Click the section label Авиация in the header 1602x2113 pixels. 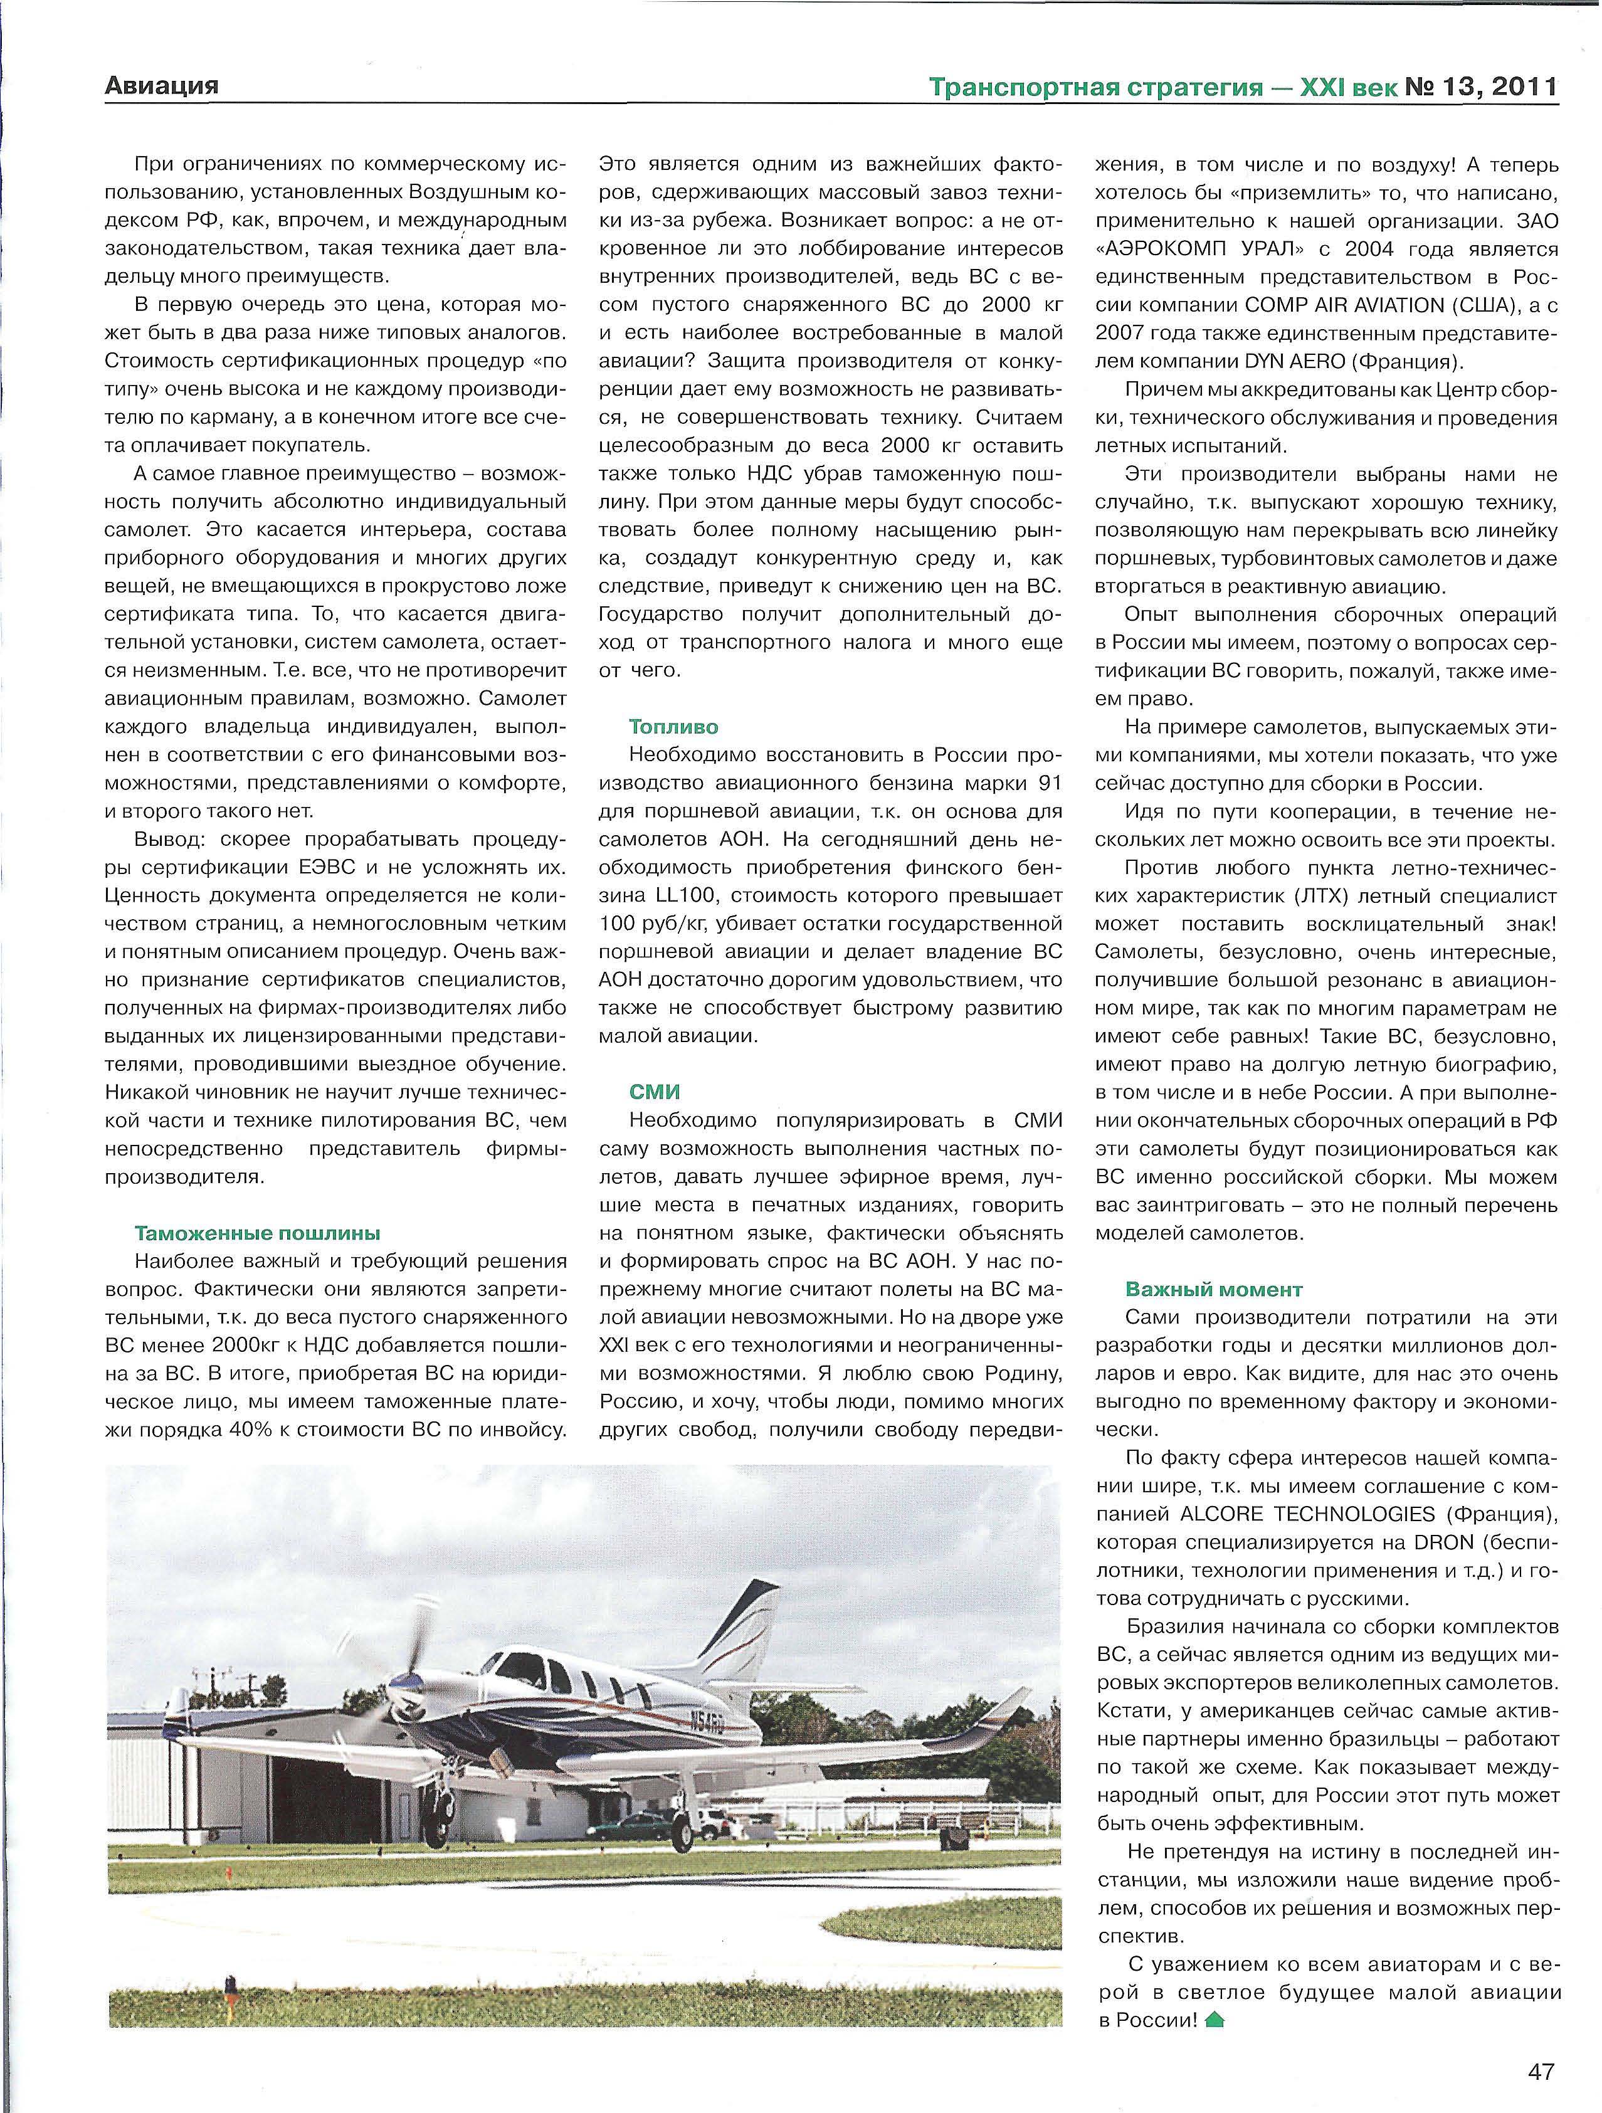coord(161,86)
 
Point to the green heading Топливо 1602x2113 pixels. coord(673,727)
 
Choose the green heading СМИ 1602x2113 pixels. coord(655,1092)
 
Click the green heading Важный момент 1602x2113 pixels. coord(1213,1290)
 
